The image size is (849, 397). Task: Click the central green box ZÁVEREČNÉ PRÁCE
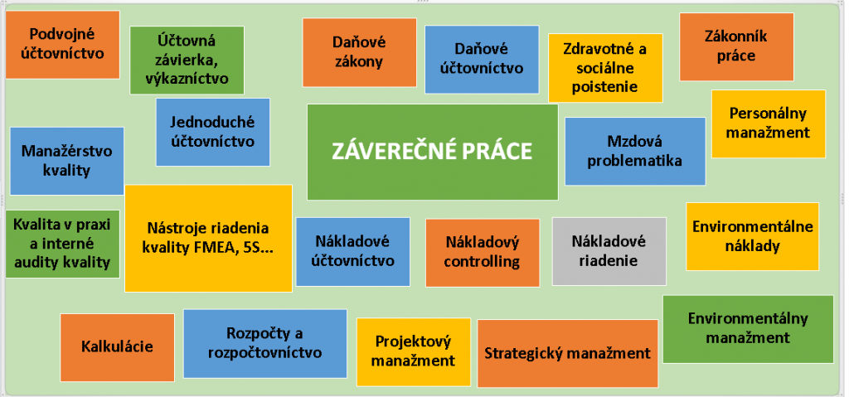(x=432, y=153)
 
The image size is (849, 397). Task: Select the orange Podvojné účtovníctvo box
(x=62, y=45)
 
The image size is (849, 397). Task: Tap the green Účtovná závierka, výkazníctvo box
(x=187, y=61)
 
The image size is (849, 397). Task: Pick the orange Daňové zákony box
(x=360, y=52)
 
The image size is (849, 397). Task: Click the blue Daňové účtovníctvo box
(x=482, y=60)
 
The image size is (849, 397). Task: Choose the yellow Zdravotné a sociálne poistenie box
(x=605, y=68)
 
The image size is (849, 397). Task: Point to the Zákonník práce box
(x=736, y=46)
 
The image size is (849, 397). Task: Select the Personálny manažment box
(x=769, y=124)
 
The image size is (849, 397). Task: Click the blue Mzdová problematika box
(x=635, y=152)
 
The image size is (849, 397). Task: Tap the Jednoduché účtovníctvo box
(x=213, y=132)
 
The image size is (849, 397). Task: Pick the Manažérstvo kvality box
(x=67, y=161)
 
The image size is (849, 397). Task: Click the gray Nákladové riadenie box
(x=609, y=251)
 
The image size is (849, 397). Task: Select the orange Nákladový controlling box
(x=483, y=253)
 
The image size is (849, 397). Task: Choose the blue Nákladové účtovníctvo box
(x=353, y=252)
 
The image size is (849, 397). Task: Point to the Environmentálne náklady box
(x=753, y=237)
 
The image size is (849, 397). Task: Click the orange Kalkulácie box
(x=118, y=347)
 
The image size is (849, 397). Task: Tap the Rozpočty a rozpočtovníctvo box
(x=265, y=344)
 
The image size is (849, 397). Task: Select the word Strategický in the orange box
(x=520, y=354)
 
